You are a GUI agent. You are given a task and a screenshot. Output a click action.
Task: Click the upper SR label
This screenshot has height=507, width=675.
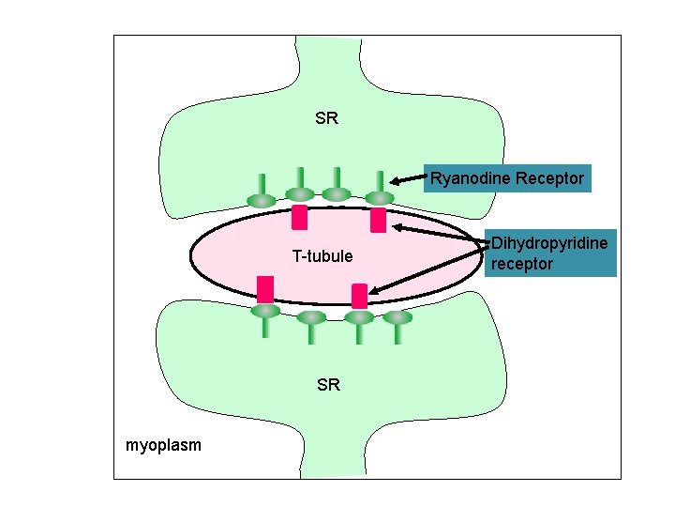[327, 119]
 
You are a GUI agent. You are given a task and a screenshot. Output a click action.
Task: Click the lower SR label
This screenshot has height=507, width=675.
[328, 385]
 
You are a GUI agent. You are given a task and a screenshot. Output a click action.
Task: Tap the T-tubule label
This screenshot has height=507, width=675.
[322, 256]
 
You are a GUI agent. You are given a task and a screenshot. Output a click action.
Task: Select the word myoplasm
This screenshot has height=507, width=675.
[163, 444]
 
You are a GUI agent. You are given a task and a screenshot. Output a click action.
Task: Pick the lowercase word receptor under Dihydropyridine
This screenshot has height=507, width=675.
[522, 264]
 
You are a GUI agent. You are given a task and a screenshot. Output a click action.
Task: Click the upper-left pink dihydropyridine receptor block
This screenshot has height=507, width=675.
[300, 218]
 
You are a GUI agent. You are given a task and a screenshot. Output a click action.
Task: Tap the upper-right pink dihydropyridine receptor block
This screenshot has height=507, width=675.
[378, 221]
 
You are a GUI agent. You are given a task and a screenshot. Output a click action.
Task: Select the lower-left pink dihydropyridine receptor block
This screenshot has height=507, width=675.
[265, 288]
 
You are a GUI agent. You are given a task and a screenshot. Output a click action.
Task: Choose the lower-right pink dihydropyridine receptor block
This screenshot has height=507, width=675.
[359, 296]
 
